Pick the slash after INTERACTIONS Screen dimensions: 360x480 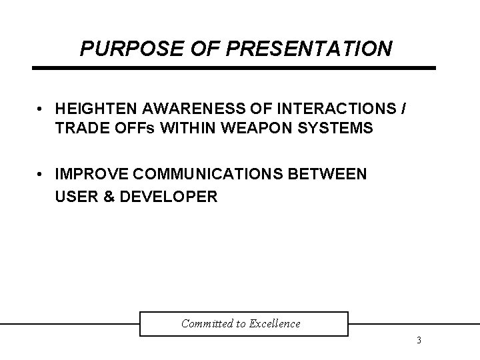(x=404, y=109)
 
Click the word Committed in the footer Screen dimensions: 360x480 (x=206, y=324)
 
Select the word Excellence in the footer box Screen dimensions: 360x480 (x=275, y=324)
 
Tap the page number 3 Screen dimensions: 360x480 (x=418, y=341)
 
